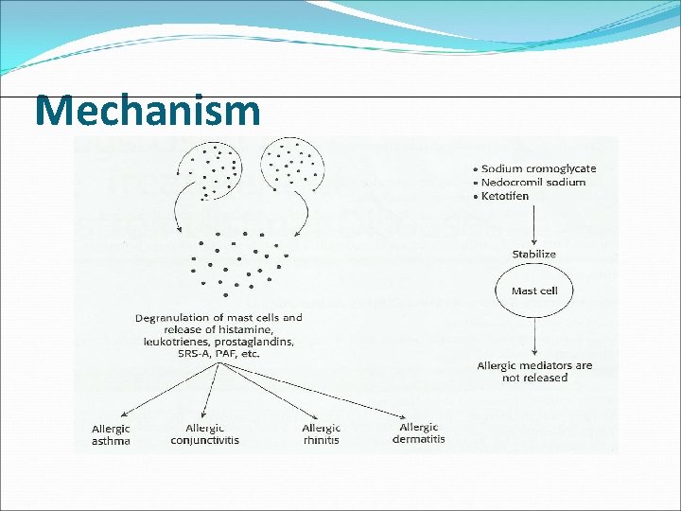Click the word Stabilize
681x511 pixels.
[x=534, y=255]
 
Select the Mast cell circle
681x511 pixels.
[x=534, y=291]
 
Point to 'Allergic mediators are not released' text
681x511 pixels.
[x=534, y=371]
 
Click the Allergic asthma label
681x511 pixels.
[x=111, y=434]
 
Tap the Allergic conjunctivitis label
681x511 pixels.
[x=204, y=434]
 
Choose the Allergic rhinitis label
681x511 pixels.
[x=322, y=434]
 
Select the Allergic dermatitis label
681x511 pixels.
[x=419, y=433]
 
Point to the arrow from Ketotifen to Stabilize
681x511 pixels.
[x=534, y=225]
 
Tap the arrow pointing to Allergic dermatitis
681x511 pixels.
[x=322, y=392]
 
